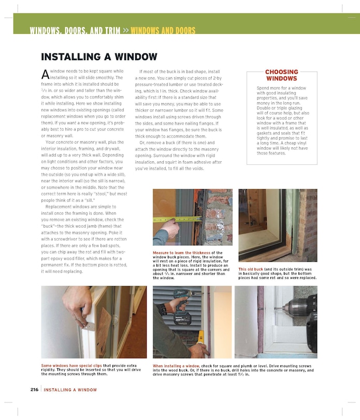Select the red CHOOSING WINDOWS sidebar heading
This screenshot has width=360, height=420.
click(281, 75)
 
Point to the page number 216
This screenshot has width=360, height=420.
click(34, 389)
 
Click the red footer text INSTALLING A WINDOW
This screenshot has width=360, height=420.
click(70, 389)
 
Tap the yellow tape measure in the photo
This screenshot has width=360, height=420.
click(176, 219)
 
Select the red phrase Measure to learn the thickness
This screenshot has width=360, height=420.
click(180, 253)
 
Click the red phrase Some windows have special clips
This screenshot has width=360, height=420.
click(71, 365)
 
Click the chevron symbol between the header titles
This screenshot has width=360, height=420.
click(126, 31)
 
